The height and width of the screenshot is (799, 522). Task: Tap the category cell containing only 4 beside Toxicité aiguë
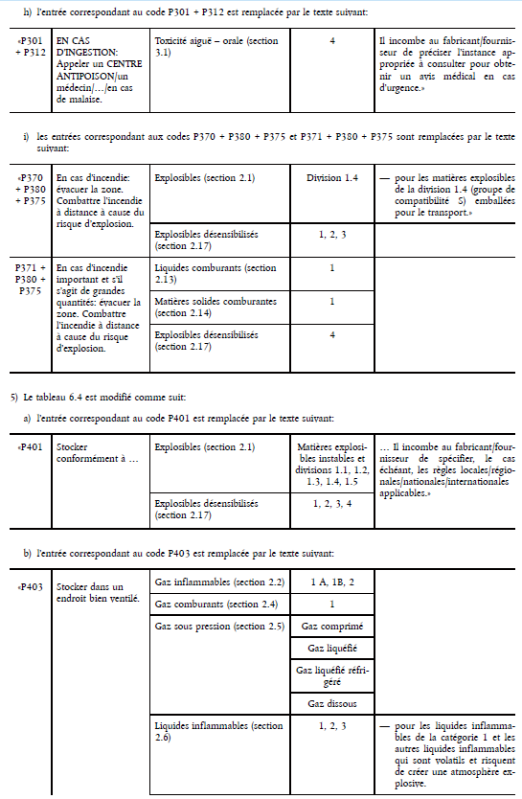pyautogui.click(x=331, y=42)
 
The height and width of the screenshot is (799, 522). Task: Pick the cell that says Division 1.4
pyautogui.click(x=331, y=178)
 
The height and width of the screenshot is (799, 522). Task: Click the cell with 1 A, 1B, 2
pyautogui.click(x=331, y=582)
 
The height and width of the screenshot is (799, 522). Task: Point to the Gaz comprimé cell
pyautogui.click(x=331, y=627)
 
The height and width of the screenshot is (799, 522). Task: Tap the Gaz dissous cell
pyautogui.click(x=331, y=703)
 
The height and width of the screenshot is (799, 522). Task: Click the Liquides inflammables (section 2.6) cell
pyautogui.click(x=218, y=732)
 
